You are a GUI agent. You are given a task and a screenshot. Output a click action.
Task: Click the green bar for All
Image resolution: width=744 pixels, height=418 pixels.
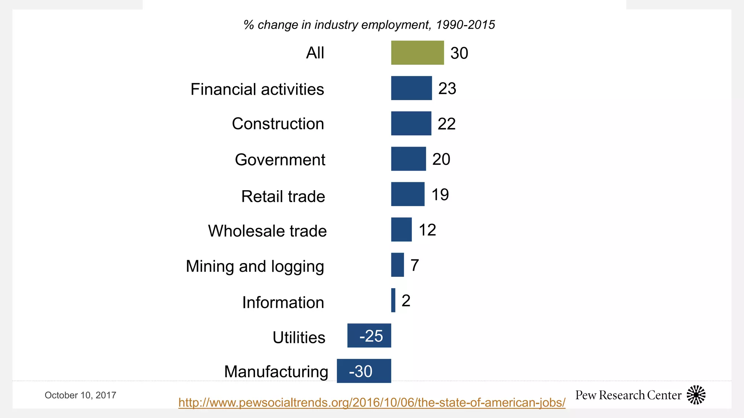tap(417, 53)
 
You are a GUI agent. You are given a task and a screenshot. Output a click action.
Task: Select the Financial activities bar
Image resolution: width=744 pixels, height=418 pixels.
tap(411, 88)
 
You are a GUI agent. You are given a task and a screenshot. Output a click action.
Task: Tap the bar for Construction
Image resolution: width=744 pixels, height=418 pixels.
tap(411, 123)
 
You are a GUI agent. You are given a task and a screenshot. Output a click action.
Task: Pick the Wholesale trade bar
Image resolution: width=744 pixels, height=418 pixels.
tap(401, 229)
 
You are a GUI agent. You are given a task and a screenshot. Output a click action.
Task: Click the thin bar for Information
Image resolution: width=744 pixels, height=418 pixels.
tap(393, 300)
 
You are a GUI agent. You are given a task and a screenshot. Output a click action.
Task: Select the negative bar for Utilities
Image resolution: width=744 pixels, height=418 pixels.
tap(369, 336)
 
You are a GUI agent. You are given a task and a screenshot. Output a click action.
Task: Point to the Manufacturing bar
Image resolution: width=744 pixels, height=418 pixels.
tap(364, 371)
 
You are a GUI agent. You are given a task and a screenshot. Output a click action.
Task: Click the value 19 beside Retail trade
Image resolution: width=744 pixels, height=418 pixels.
tap(440, 194)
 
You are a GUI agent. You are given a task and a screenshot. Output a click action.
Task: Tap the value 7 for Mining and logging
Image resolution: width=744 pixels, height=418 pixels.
tap(415, 265)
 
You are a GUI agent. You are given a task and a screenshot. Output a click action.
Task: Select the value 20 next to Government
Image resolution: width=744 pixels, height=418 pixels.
tap(441, 159)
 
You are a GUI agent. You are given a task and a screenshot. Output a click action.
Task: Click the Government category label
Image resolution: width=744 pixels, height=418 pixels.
tap(280, 160)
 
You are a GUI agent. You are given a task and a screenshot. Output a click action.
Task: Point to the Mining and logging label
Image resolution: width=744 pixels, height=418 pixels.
tap(255, 266)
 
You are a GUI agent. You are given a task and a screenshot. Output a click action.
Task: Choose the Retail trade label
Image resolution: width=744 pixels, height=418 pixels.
tap(283, 196)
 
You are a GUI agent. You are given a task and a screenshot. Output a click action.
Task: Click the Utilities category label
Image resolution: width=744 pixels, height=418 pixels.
tap(299, 337)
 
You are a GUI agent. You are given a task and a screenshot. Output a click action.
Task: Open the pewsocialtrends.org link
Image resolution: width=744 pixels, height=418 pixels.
tap(372, 402)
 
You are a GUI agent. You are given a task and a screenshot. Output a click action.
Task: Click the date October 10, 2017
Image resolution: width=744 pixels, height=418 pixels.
tap(80, 395)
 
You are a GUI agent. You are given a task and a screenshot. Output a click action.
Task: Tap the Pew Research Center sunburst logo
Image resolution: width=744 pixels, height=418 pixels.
tap(696, 395)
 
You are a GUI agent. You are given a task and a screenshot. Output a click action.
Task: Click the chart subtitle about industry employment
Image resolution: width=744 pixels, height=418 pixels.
tap(369, 25)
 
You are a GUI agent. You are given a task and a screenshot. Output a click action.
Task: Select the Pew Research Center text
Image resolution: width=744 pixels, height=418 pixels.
tap(628, 395)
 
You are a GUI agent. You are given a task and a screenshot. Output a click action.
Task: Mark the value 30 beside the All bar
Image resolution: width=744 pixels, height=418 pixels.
tap(459, 53)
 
